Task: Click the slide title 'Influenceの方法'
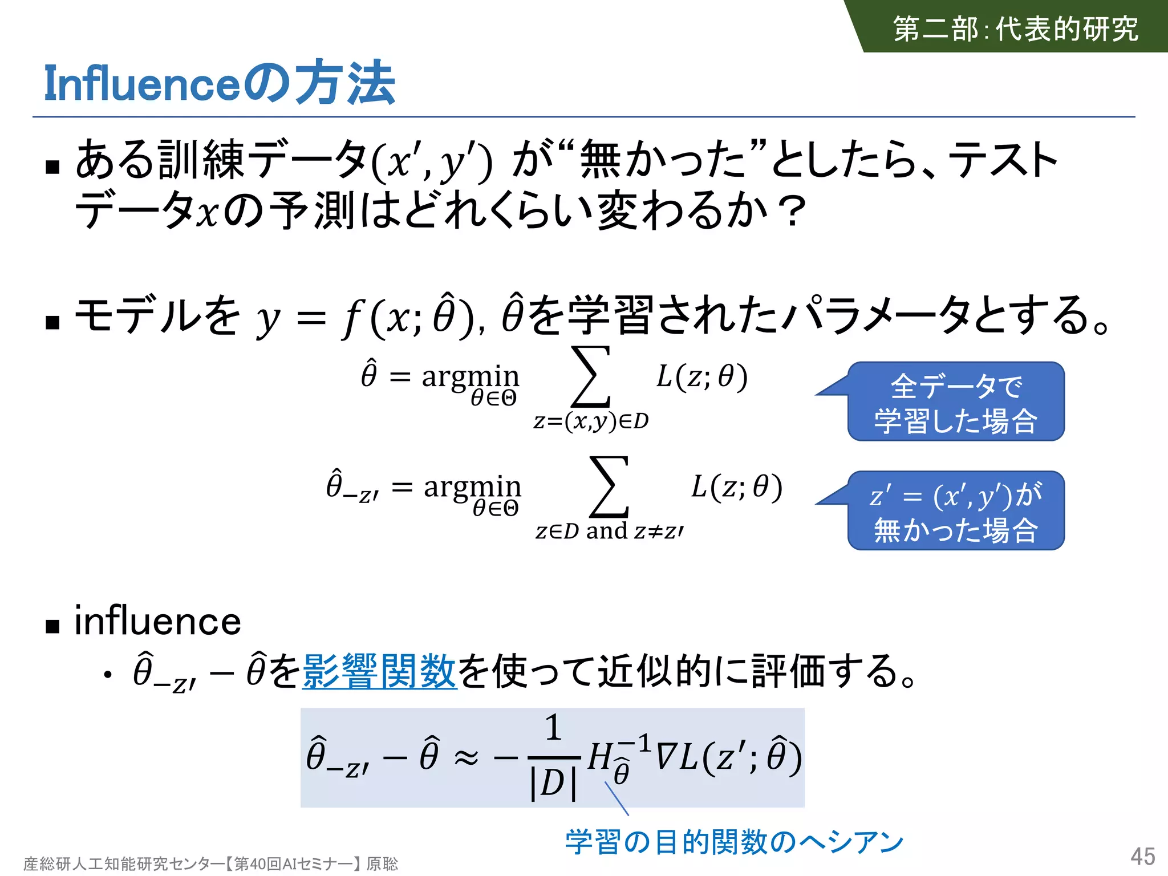[220, 84]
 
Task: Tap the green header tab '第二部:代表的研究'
[1015, 29]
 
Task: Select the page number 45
[1142, 857]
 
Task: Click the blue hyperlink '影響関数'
[379, 671]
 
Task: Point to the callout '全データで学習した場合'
[956, 402]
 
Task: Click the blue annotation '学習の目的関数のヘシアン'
[735, 842]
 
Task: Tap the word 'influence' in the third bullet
[158, 621]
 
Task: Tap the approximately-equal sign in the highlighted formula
[466, 758]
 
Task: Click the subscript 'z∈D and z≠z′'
[609, 532]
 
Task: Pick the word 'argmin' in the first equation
[471, 376]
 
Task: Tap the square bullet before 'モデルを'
[53, 322]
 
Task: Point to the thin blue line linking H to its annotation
[617, 798]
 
